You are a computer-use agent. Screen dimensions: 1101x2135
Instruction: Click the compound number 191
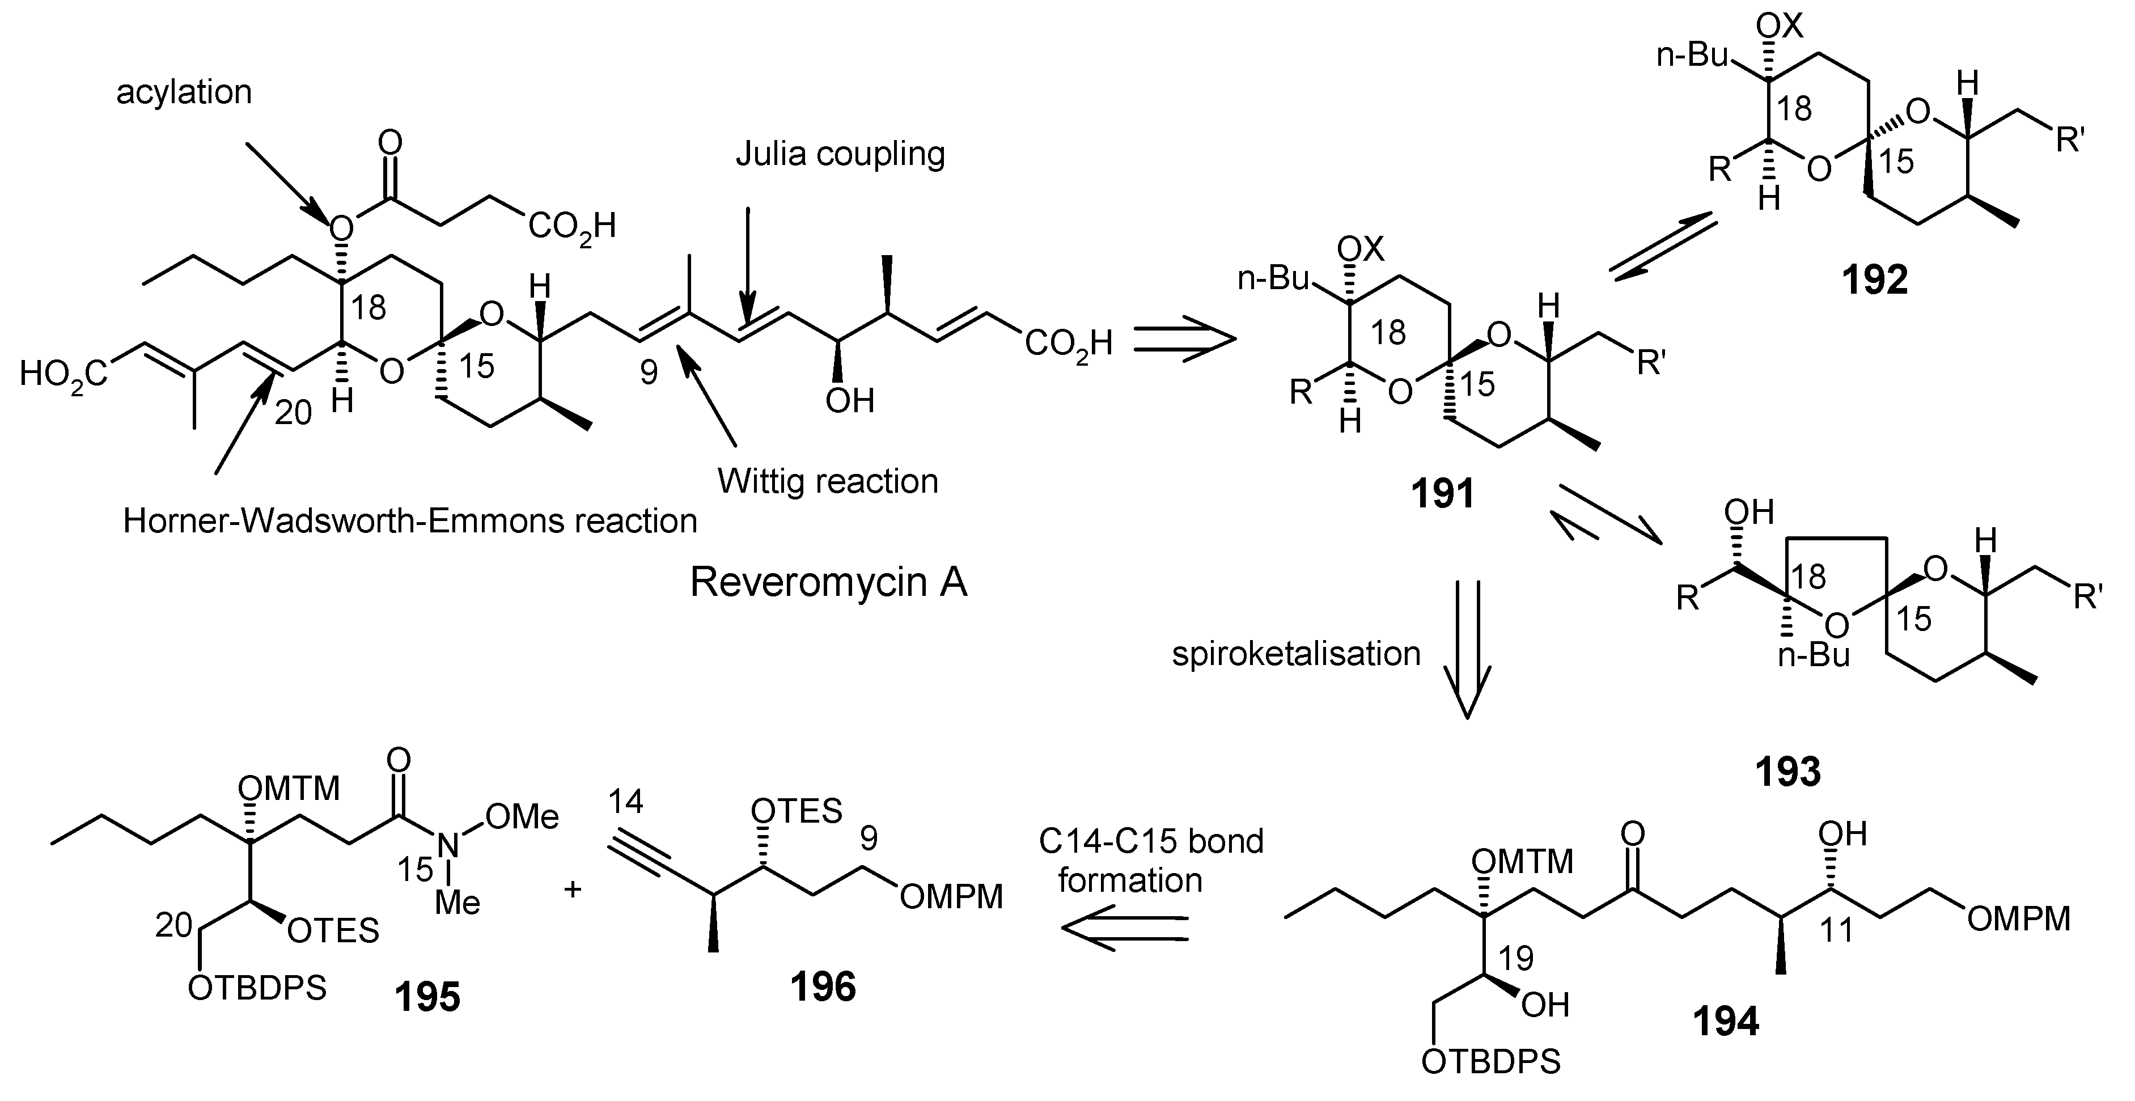1443,494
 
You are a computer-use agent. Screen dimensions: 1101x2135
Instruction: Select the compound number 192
1875,280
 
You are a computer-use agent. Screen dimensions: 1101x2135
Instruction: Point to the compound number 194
1726,1022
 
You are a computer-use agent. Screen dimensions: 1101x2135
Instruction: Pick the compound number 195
427,997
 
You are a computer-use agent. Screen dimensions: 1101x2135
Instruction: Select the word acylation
184,91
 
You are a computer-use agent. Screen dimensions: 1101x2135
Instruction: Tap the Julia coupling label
840,154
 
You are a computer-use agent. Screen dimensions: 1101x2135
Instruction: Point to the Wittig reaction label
827,481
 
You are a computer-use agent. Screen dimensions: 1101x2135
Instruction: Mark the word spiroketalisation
1296,654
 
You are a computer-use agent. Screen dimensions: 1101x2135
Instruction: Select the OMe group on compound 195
523,818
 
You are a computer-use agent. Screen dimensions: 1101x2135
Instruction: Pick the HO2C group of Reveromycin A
65,375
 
